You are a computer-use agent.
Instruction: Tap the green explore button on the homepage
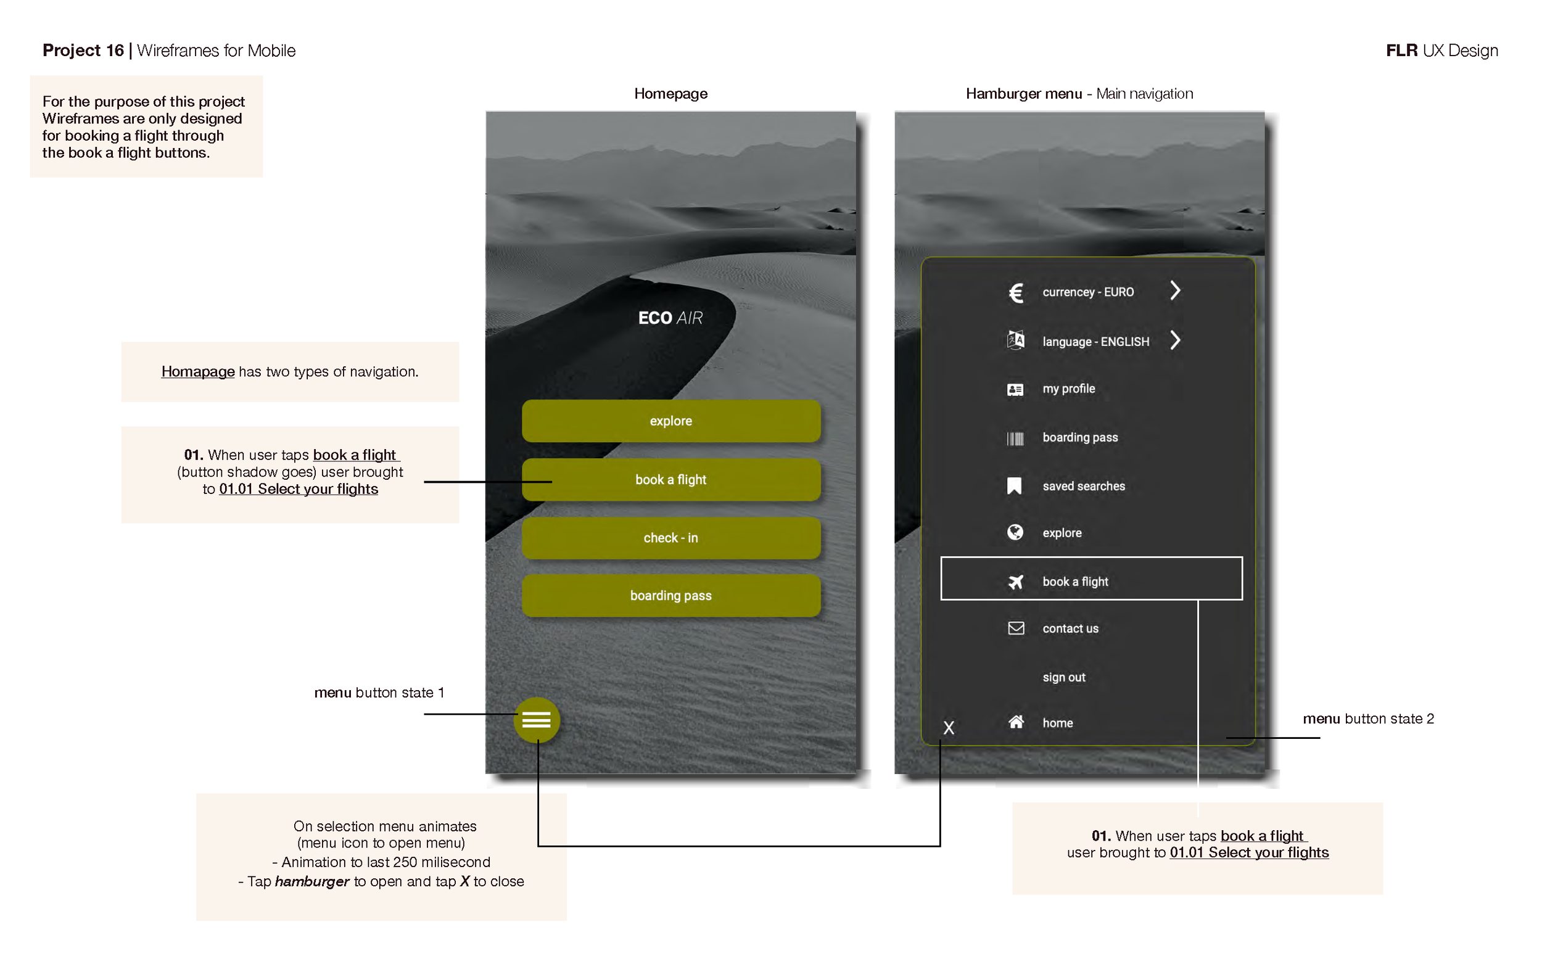point(670,421)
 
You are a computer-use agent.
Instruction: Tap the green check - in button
point(670,537)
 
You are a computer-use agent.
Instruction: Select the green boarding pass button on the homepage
point(670,596)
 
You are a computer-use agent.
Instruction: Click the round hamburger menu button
point(536,720)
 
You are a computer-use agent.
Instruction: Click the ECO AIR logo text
point(670,318)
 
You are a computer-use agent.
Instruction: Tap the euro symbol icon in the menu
point(1015,292)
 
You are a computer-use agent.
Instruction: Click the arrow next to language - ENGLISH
point(1175,340)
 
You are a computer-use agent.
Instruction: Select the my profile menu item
point(1068,389)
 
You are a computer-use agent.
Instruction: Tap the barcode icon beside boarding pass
point(1015,439)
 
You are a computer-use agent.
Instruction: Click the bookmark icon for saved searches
point(1014,486)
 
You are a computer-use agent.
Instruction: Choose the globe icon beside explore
point(1015,532)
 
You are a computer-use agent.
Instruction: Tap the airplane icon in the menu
point(1015,582)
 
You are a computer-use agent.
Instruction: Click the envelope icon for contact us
point(1016,628)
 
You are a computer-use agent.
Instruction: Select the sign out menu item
point(1063,677)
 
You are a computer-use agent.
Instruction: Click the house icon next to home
point(1016,722)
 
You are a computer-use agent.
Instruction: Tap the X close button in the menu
point(949,727)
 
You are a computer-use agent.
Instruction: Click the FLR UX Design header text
point(1441,51)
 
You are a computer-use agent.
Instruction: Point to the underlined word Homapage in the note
point(197,372)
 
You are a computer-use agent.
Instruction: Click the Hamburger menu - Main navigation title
point(1079,94)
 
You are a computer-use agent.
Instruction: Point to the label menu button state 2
point(1368,719)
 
